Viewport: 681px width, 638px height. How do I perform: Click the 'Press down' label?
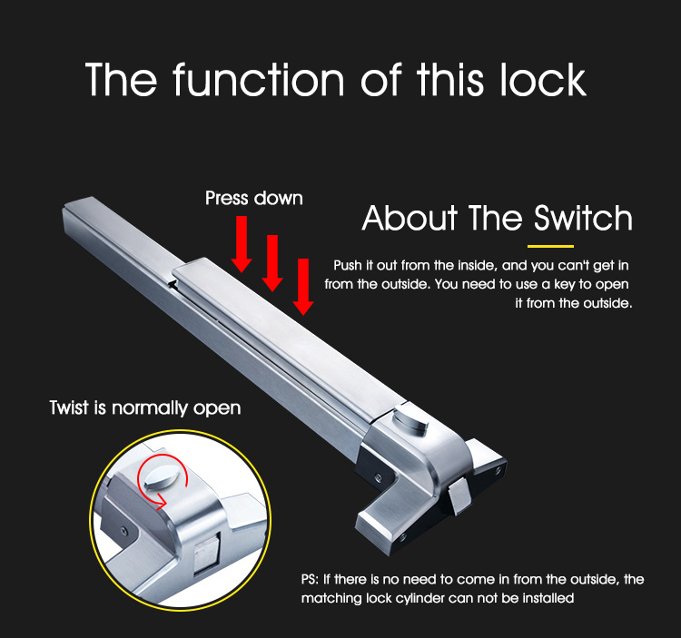coord(254,198)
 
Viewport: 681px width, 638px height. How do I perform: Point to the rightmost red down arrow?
coord(303,286)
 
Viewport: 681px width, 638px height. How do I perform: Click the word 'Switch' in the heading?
coord(582,219)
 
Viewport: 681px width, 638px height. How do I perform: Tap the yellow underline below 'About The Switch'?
coord(551,246)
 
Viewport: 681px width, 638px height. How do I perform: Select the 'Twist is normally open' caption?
coord(145,407)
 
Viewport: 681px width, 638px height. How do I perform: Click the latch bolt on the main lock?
coord(459,496)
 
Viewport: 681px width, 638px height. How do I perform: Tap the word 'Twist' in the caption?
coord(69,407)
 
